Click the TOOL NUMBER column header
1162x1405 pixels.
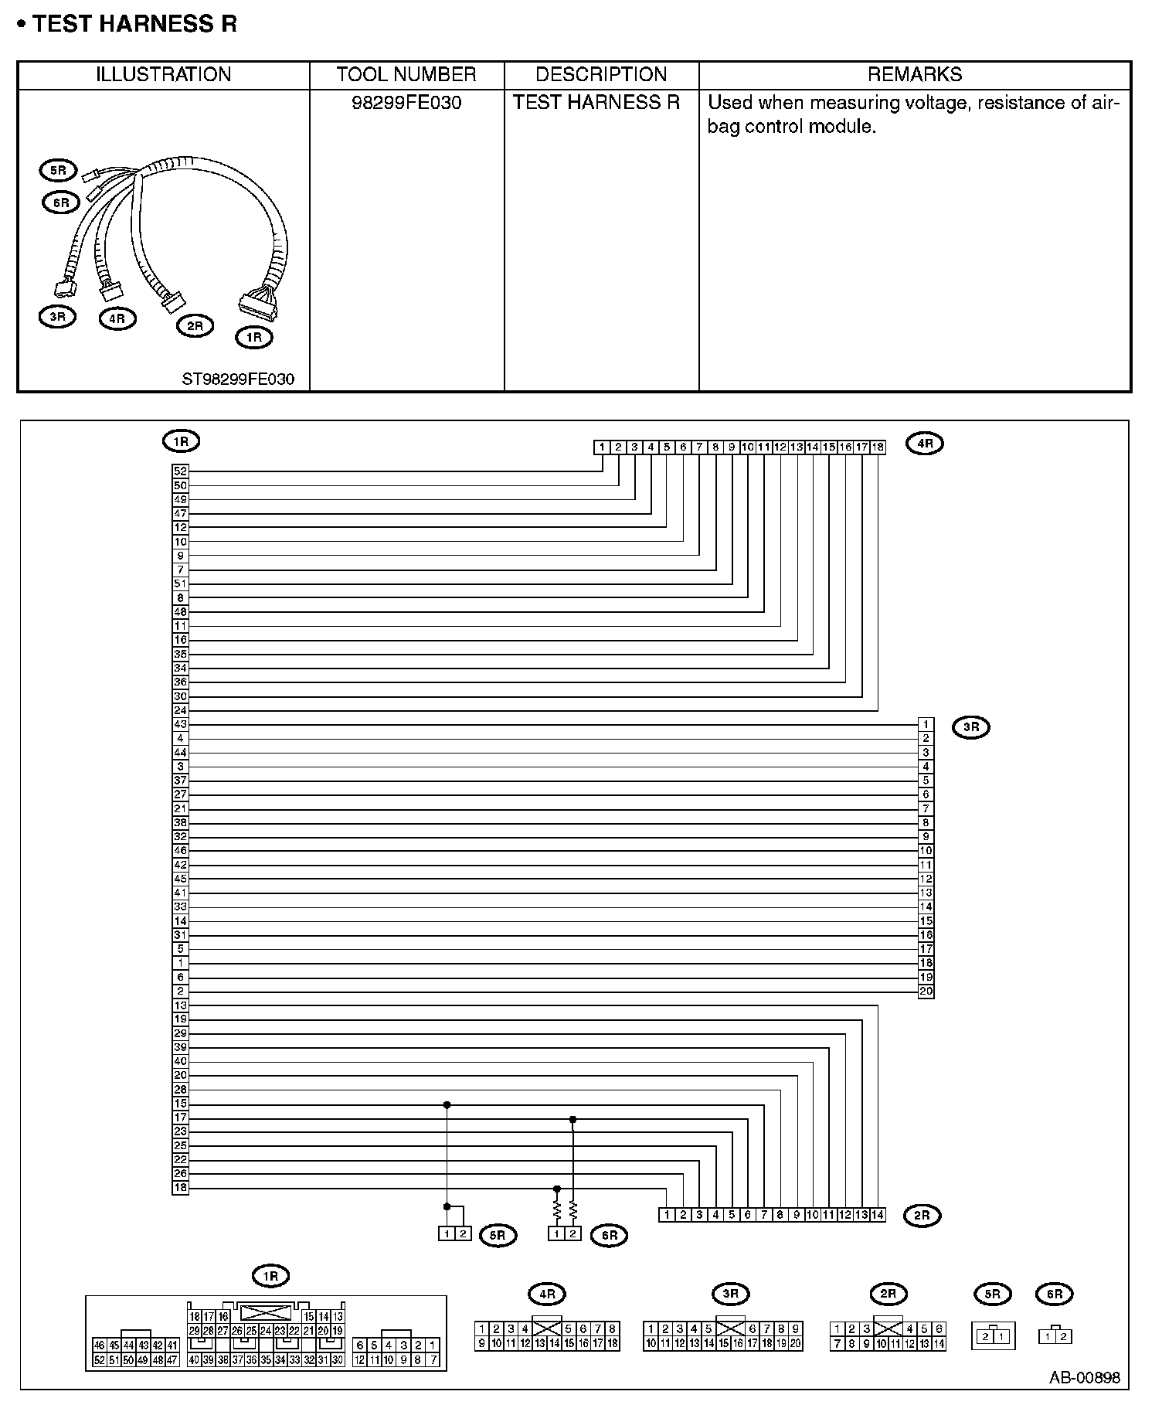[x=406, y=74]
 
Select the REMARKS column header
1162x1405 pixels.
[x=915, y=74]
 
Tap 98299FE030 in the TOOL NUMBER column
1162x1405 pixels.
[x=406, y=103]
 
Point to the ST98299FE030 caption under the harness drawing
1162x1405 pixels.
[x=238, y=379]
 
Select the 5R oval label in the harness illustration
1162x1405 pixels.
[x=58, y=170]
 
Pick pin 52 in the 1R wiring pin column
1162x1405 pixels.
[x=180, y=471]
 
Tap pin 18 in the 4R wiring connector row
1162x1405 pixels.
[x=878, y=447]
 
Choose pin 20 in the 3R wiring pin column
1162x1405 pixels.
[x=926, y=992]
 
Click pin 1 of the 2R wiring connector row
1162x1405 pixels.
[x=667, y=1215]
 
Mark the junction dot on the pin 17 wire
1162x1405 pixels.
[x=573, y=1119]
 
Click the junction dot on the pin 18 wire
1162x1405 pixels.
[x=556, y=1189]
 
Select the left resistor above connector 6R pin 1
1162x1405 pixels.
[x=556, y=1209]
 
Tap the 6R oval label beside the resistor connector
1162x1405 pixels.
[x=610, y=1235]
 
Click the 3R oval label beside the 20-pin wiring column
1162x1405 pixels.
[x=971, y=727]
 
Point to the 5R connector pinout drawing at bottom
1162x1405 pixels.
[x=993, y=1335]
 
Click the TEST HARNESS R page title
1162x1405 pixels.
[x=134, y=24]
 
